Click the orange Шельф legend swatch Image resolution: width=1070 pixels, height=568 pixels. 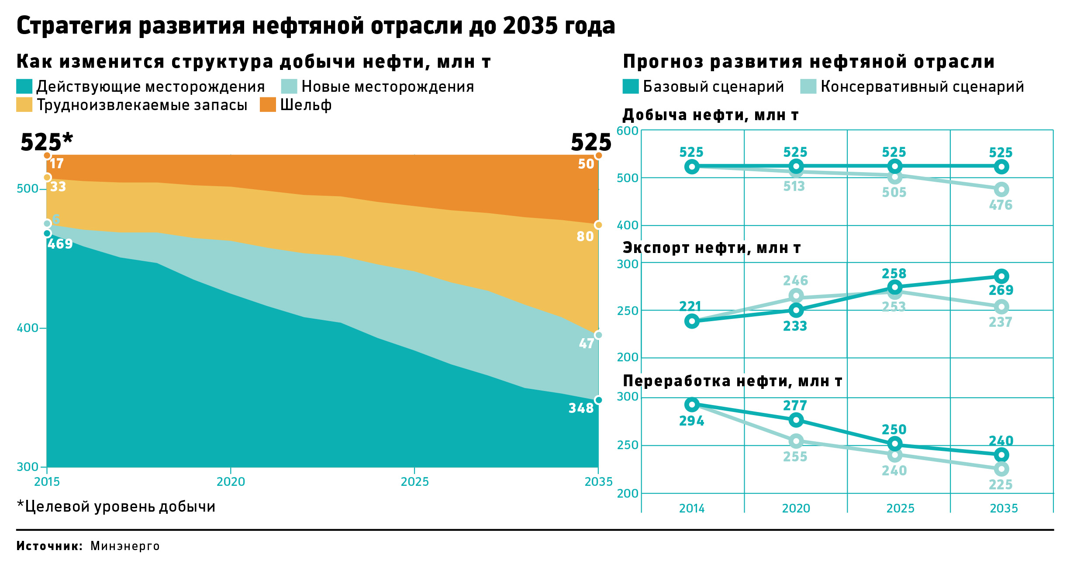click(x=268, y=105)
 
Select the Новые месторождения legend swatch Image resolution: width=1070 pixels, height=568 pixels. click(x=289, y=87)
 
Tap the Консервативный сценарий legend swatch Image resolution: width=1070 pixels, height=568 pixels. click(x=808, y=87)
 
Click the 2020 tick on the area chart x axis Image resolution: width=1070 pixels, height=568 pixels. click(x=231, y=481)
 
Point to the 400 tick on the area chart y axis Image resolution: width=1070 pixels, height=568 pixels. click(x=28, y=328)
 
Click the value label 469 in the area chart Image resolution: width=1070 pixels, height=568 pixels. click(x=60, y=244)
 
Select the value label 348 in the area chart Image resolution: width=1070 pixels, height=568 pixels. click(x=581, y=408)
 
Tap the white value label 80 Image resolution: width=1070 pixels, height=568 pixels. click(x=585, y=236)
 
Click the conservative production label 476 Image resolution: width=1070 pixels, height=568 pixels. click(x=1001, y=205)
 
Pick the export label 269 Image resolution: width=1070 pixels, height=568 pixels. click(x=1001, y=290)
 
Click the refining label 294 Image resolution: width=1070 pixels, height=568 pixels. click(x=692, y=421)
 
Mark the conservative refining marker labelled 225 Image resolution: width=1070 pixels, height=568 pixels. click(x=1001, y=469)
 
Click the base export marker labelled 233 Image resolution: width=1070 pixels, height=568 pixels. click(x=796, y=311)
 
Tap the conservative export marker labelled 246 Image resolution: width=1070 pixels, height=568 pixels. click(x=796, y=296)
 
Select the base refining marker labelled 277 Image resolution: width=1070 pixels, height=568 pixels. click(x=796, y=420)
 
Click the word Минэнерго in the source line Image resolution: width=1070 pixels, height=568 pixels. click(x=125, y=546)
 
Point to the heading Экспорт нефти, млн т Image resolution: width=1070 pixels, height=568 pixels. click(x=711, y=248)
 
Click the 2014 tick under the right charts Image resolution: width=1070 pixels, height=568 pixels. click(x=692, y=508)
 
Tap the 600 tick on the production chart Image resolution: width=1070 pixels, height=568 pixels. click(x=627, y=131)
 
